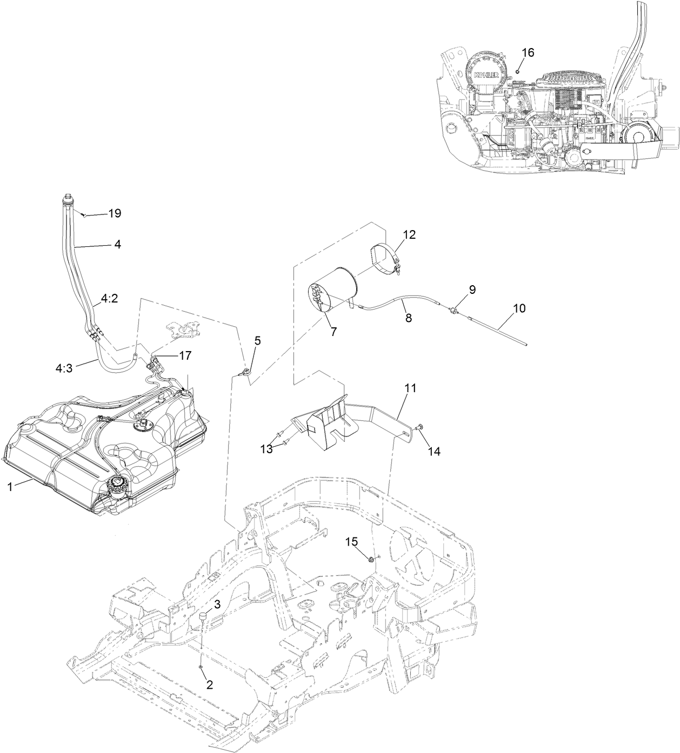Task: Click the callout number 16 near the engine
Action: point(528,52)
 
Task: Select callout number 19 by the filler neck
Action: point(114,213)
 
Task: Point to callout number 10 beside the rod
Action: point(519,308)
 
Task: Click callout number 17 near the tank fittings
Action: point(170,356)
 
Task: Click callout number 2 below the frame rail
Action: point(209,684)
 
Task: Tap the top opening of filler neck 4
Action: point(68,197)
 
